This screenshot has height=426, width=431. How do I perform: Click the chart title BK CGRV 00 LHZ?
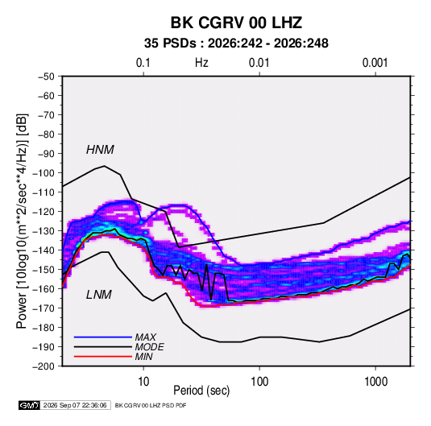(x=236, y=23)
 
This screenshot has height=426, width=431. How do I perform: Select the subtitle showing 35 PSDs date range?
(x=236, y=43)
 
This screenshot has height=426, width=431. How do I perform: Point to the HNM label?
(x=100, y=150)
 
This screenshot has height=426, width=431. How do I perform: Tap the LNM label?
(x=99, y=295)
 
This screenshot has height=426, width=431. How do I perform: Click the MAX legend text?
(x=146, y=337)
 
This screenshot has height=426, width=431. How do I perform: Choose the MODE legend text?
(x=150, y=347)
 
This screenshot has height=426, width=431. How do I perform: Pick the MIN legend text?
(x=143, y=357)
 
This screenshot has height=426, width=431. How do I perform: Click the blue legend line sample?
(x=103, y=337)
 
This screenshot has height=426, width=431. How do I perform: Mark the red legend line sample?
(x=103, y=357)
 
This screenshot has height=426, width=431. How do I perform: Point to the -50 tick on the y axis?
(x=47, y=77)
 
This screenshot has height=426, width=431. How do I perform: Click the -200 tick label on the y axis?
(x=44, y=366)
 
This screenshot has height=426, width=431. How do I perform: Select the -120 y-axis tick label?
(x=44, y=212)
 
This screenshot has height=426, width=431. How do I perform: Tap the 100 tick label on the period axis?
(x=259, y=382)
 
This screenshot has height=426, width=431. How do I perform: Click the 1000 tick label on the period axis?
(x=375, y=382)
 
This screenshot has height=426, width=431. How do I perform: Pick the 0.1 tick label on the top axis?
(x=143, y=63)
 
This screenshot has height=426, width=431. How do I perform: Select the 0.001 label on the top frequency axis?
(x=375, y=63)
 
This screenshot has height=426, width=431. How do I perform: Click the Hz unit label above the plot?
(x=201, y=63)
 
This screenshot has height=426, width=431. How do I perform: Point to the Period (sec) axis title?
(x=201, y=391)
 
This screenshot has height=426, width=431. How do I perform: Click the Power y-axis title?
(x=22, y=221)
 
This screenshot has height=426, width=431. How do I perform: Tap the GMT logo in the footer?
(x=29, y=405)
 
